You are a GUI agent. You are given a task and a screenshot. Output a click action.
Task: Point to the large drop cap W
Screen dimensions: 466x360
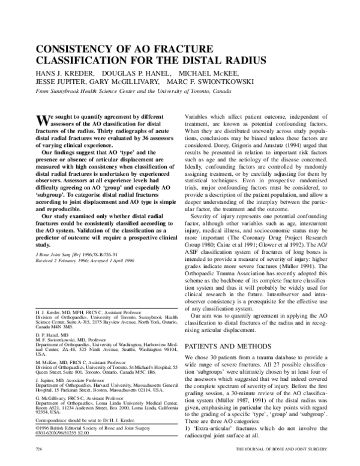(43, 118)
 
